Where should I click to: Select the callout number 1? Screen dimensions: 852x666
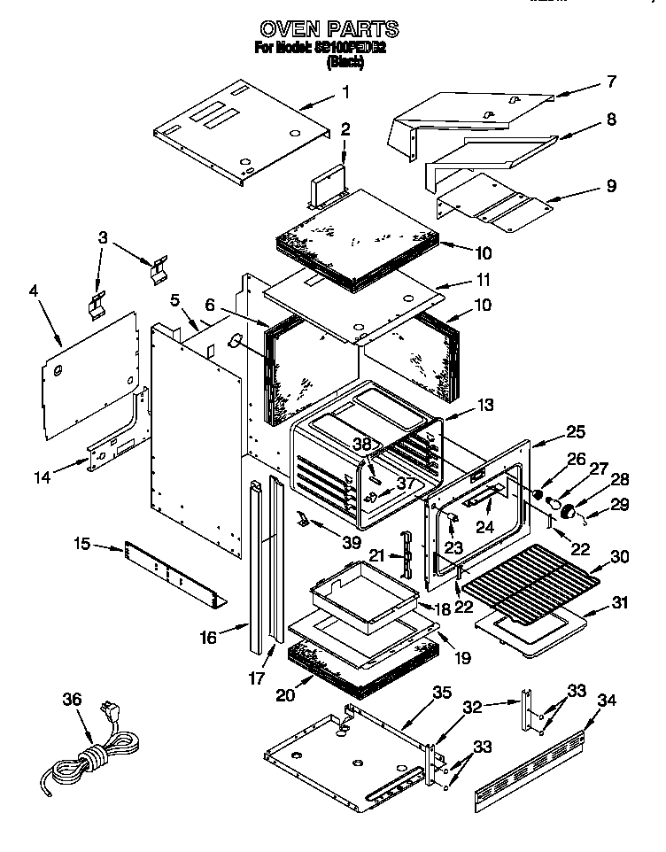point(345,91)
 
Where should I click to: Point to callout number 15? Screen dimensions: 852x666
point(81,543)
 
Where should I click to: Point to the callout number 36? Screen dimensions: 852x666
point(72,700)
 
